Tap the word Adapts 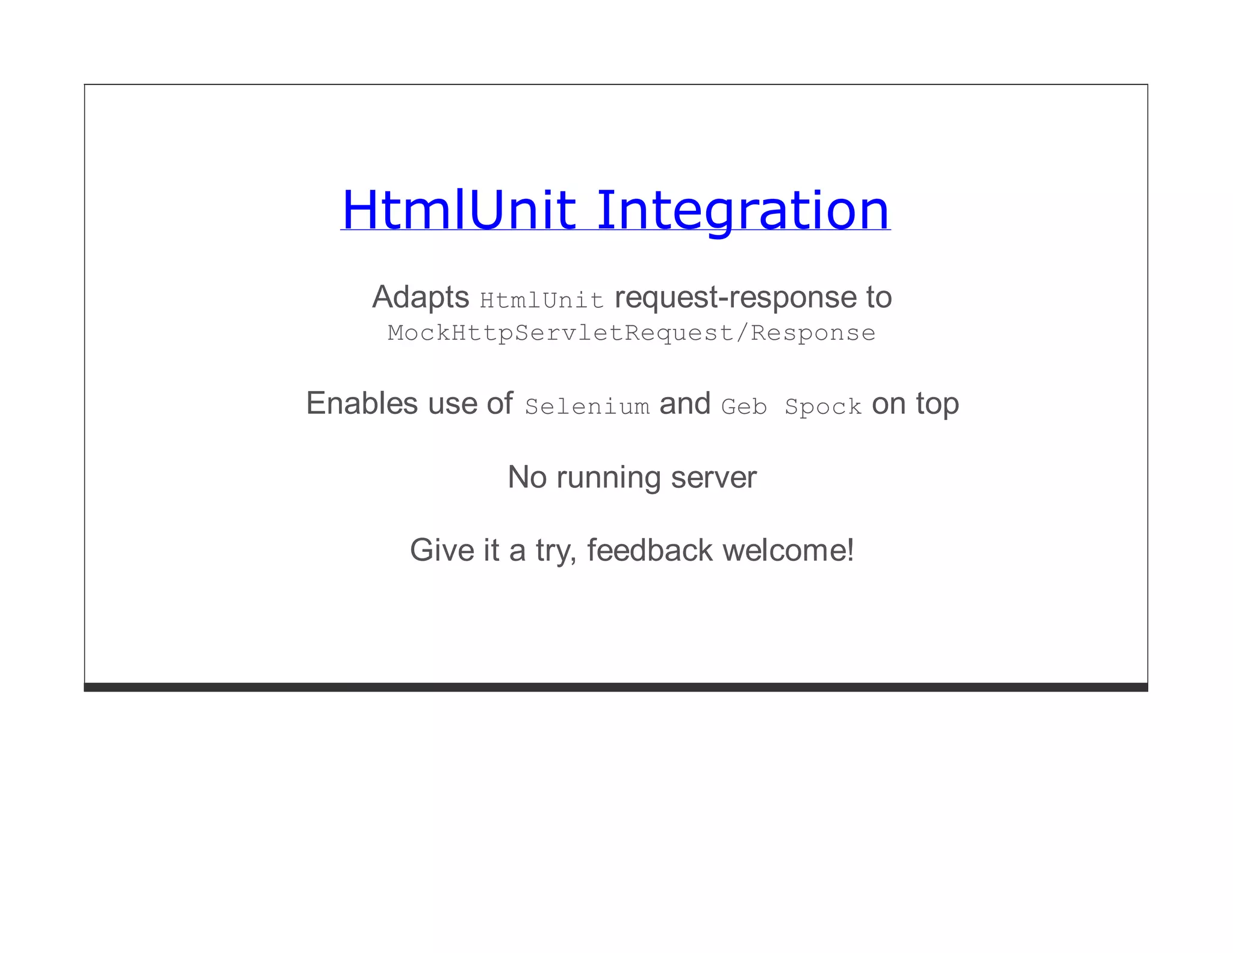420,297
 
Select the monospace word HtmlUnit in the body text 541,300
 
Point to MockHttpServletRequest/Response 631,333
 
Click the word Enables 362,403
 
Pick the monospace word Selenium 587,407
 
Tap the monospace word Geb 744,407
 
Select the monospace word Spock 823,407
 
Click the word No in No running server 527,477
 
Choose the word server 713,477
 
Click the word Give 441,550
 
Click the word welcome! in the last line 788,550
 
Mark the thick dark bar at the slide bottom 615,687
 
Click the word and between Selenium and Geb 685,403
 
